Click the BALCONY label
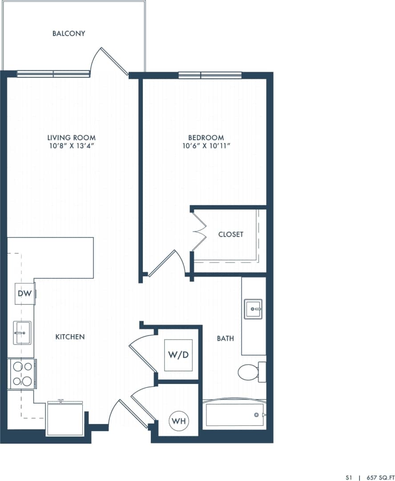click(x=69, y=33)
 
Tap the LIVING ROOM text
click(x=72, y=138)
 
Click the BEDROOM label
click(x=206, y=138)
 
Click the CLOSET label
click(x=231, y=234)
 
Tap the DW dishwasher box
click(x=24, y=294)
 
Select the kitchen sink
click(x=22, y=332)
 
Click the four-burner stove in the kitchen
click(x=22, y=374)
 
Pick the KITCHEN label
click(x=70, y=337)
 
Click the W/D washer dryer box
click(x=178, y=355)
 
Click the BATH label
click(x=225, y=339)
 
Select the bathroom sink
click(x=253, y=309)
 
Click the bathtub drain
click(x=256, y=415)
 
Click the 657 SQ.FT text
click(x=380, y=477)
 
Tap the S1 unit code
click(x=348, y=477)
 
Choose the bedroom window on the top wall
click(x=210, y=75)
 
